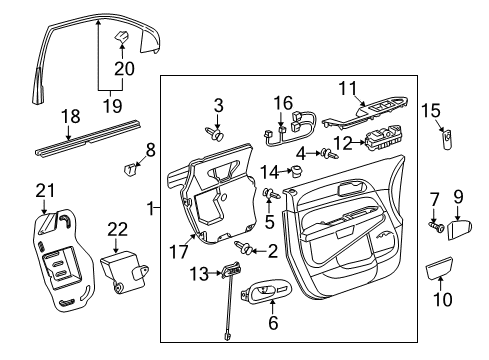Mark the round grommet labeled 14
(x=296, y=172)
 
